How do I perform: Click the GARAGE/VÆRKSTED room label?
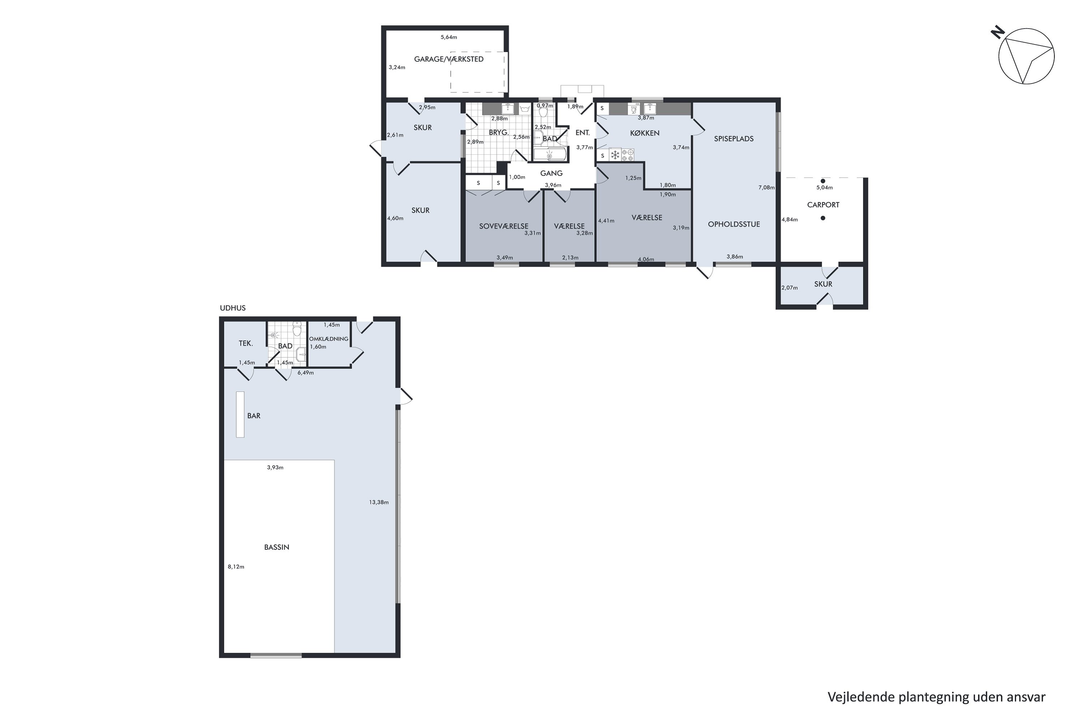tap(448, 59)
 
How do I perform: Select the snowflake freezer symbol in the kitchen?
tap(615, 155)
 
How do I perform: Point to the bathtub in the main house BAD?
tap(549, 154)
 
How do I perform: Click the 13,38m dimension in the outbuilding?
tap(378, 502)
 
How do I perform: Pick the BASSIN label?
tap(276, 547)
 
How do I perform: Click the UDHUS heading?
tap(233, 308)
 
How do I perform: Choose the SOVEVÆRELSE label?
tap(504, 226)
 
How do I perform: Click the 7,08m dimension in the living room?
tap(766, 188)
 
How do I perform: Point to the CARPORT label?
tap(823, 205)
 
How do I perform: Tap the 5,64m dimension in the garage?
tap(449, 37)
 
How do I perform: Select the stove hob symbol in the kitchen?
tap(628, 155)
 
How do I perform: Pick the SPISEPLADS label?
tap(734, 139)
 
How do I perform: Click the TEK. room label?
tap(246, 343)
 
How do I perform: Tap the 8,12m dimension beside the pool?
tap(236, 567)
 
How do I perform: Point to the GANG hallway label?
tap(551, 174)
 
